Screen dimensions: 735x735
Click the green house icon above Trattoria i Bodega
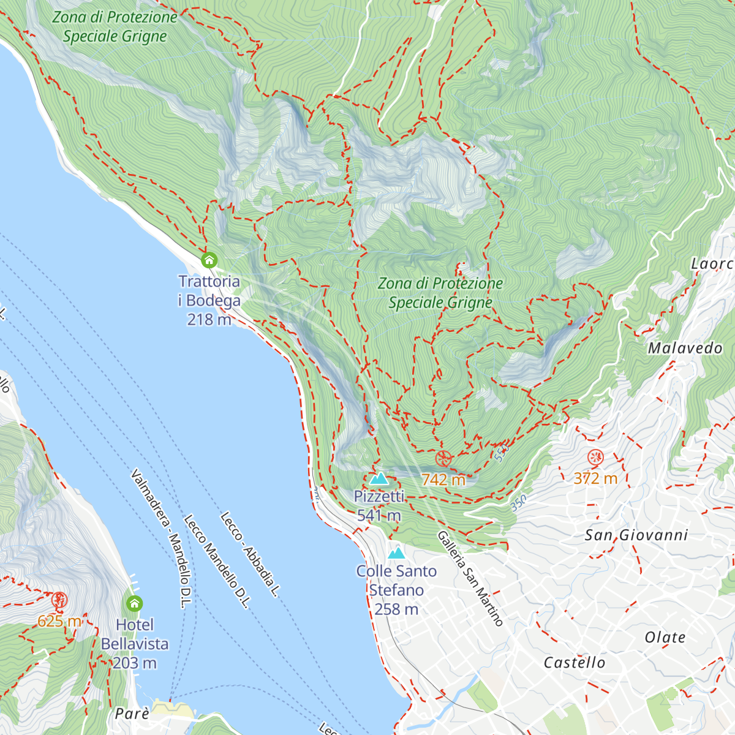pos(209,260)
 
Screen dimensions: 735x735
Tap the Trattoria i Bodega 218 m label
pos(209,300)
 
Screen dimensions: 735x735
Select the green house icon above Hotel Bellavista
pos(134,604)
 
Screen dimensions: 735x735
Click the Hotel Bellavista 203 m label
pos(135,644)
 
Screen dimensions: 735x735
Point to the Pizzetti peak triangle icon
pos(379,478)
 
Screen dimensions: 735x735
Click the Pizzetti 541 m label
pos(379,506)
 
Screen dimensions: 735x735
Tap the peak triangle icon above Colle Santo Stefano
pos(397,553)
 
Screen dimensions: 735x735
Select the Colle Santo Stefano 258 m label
pos(397,590)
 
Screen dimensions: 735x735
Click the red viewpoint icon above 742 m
pos(443,458)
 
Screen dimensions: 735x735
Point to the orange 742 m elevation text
pos(443,480)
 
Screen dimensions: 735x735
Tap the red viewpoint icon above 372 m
pos(595,457)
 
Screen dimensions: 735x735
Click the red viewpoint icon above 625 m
pos(59,600)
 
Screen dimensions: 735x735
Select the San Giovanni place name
pos(636,535)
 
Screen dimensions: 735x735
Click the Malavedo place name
pos(685,349)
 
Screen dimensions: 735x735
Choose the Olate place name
pos(665,638)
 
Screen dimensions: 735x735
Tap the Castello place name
pos(575,663)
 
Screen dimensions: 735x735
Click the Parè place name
pos(132,714)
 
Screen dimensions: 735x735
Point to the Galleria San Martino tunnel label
pos(470,579)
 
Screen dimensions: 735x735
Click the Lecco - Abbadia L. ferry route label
pos(250,554)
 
